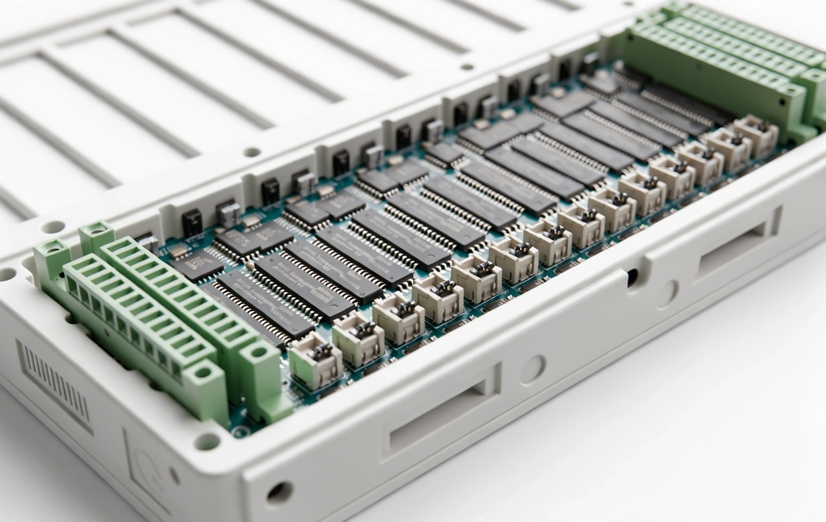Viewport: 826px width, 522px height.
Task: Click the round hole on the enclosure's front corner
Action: pyautogui.click(x=279, y=492)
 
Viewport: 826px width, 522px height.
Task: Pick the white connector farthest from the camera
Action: pyautogui.click(x=756, y=135)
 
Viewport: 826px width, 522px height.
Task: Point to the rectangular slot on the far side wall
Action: pyautogui.click(x=737, y=244)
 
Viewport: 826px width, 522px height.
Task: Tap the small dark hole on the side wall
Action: pyautogui.click(x=632, y=277)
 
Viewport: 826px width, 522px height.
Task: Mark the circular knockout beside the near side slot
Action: pyautogui.click(x=532, y=369)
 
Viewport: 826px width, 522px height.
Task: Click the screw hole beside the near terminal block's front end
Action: pyautogui.click(x=207, y=441)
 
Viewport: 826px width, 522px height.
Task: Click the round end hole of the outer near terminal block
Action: pyautogui.click(x=202, y=372)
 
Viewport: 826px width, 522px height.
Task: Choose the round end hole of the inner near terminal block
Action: pyautogui.click(x=258, y=352)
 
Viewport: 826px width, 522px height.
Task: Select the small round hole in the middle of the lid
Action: pyautogui.click(x=252, y=152)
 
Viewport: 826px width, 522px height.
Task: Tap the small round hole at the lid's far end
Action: pyautogui.click(x=466, y=67)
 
